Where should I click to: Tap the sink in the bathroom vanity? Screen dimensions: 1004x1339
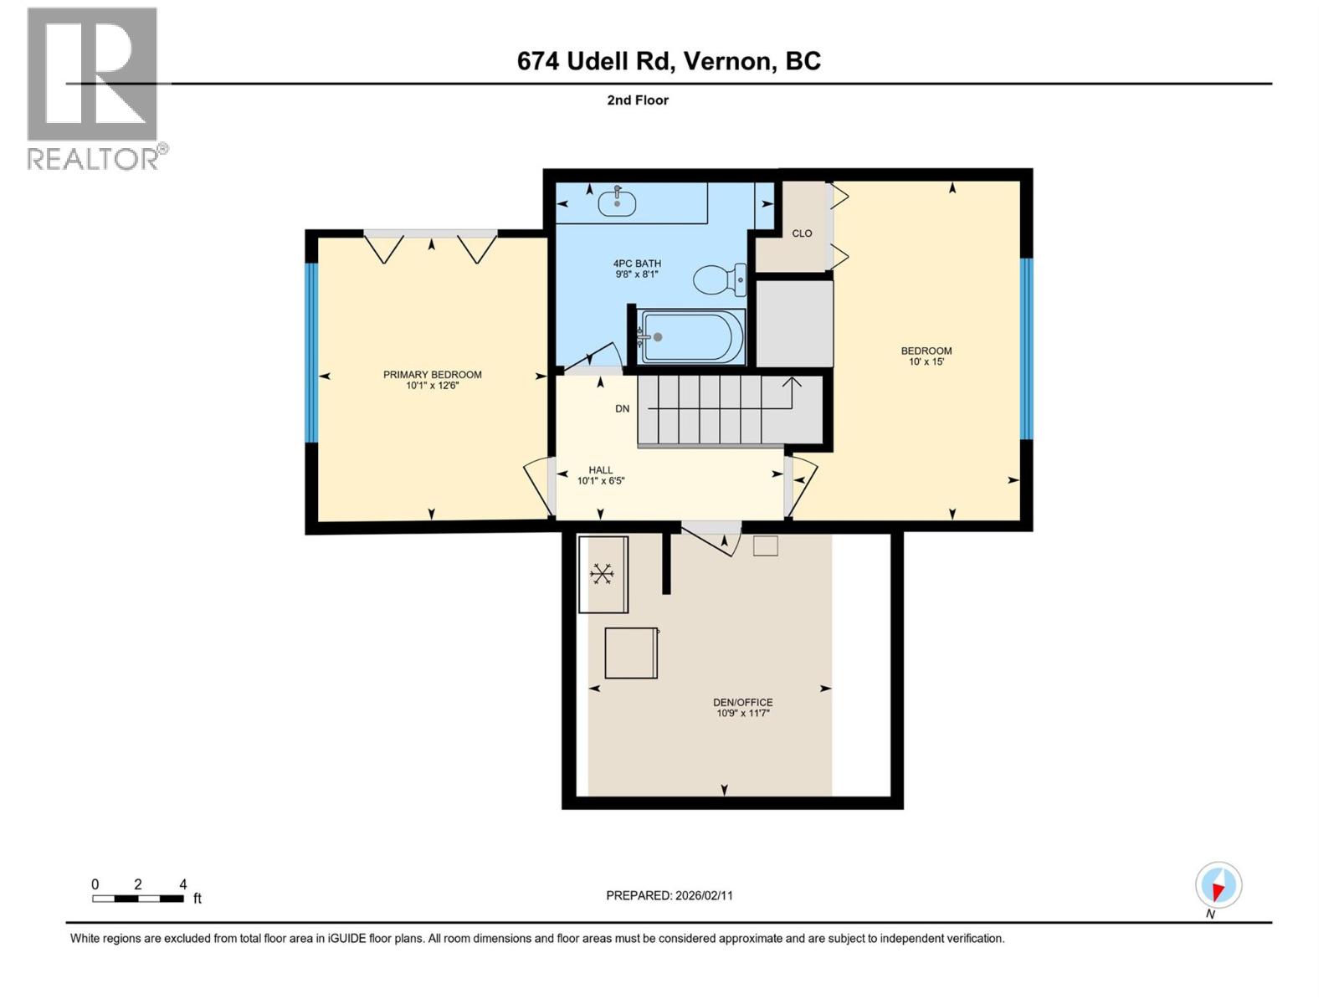click(x=618, y=202)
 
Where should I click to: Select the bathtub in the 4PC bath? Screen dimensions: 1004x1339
click(x=691, y=337)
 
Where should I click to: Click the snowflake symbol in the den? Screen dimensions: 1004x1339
click(x=602, y=573)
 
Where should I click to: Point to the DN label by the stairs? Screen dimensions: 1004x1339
click(x=622, y=408)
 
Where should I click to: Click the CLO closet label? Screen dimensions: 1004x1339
click(x=802, y=233)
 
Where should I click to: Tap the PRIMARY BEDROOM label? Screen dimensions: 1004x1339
click(x=432, y=374)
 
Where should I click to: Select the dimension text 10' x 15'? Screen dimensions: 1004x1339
click(x=926, y=361)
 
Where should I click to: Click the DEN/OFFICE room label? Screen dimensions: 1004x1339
click(x=742, y=702)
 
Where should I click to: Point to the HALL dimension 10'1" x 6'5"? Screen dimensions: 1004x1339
click(x=600, y=480)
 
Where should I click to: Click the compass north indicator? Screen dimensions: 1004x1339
click(x=1218, y=886)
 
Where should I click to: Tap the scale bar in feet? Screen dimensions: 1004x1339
click(x=138, y=898)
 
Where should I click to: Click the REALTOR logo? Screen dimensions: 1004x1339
click(x=94, y=88)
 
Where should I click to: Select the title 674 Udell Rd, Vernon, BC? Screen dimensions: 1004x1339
click(x=668, y=61)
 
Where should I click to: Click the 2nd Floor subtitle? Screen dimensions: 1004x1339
click(x=637, y=100)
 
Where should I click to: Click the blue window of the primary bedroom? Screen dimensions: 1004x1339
click(x=311, y=352)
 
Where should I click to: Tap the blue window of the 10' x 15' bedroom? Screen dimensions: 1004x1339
click(x=1026, y=348)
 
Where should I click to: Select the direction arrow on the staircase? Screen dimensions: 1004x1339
click(x=792, y=385)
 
